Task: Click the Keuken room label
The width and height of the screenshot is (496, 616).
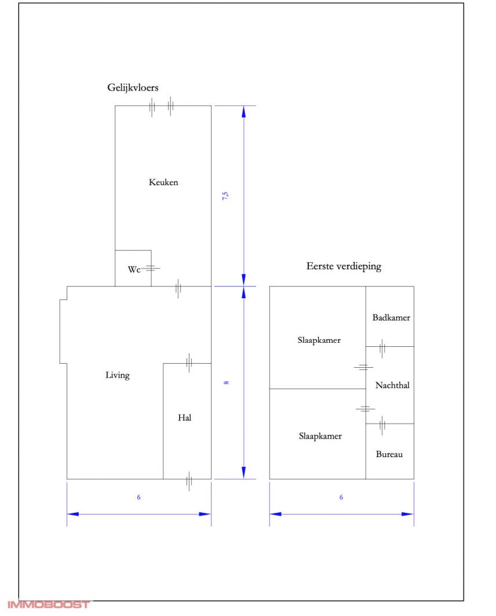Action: click(163, 182)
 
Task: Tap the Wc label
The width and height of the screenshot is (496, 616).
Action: click(134, 270)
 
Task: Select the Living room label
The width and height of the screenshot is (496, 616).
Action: click(118, 375)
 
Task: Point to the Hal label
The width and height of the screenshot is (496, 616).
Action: click(185, 418)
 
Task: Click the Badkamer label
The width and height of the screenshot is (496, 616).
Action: click(391, 317)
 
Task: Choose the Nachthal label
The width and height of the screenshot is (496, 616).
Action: click(392, 385)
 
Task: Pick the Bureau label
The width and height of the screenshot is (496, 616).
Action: click(389, 454)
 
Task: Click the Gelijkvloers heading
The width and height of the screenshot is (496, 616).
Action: click(133, 88)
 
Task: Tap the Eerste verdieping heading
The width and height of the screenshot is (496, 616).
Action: click(344, 267)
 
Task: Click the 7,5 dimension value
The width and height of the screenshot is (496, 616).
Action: click(226, 195)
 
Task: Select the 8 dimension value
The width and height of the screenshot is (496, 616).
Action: click(226, 382)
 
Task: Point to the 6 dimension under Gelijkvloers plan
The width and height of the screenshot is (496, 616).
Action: click(139, 497)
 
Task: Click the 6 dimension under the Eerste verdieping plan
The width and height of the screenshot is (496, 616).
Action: click(341, 497)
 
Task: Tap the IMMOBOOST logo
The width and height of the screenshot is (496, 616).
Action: click(49, 605)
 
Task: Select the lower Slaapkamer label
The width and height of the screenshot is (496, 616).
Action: click(320, 436)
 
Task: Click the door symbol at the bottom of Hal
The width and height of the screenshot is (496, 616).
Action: click(189, 480)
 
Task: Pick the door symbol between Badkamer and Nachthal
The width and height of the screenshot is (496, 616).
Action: click(382, 347)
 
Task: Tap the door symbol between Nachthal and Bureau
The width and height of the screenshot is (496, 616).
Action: click(382, 425)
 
